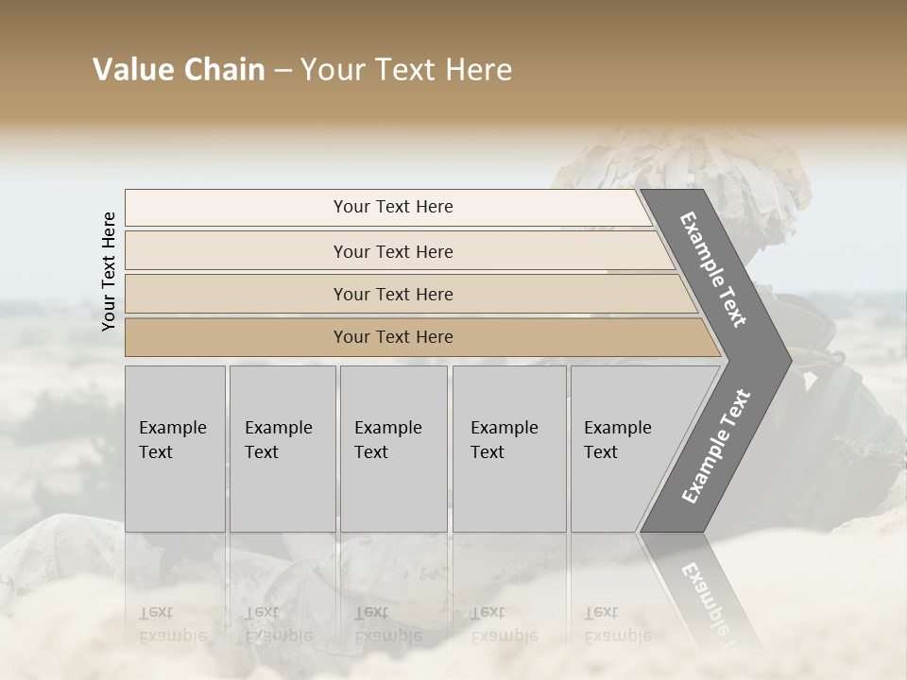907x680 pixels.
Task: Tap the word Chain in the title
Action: pos(225,70)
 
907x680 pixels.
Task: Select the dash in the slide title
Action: pos(282,71)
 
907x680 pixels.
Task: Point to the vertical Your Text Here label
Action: pos(109,271)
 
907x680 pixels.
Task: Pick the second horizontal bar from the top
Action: pos(393,251)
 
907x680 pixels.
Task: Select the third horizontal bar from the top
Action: pos(393,294)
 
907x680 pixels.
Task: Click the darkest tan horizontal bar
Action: pos(393,337)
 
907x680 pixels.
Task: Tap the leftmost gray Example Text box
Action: pos(175,448)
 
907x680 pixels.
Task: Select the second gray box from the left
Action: pos(282,448)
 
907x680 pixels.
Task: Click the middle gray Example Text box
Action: pos(393,448)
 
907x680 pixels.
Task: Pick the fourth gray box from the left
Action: pos(509,448)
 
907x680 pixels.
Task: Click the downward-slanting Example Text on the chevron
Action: pos(714,269)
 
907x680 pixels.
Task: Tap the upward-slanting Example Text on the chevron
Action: pos(715,447)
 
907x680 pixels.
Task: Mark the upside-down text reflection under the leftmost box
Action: pos(173,624)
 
